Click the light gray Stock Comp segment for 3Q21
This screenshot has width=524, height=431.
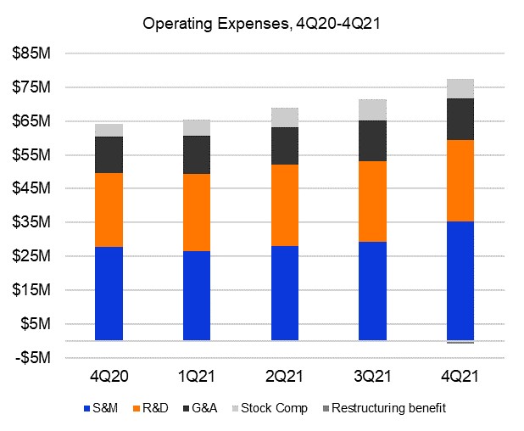[372, 109]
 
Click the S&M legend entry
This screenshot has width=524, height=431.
[99, 408]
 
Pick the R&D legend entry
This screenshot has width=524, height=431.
[150, 408]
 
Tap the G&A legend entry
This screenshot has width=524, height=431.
[199, 408]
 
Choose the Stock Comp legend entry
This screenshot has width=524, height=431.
[266, 408]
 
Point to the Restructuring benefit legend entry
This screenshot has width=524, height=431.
[382, 408]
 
